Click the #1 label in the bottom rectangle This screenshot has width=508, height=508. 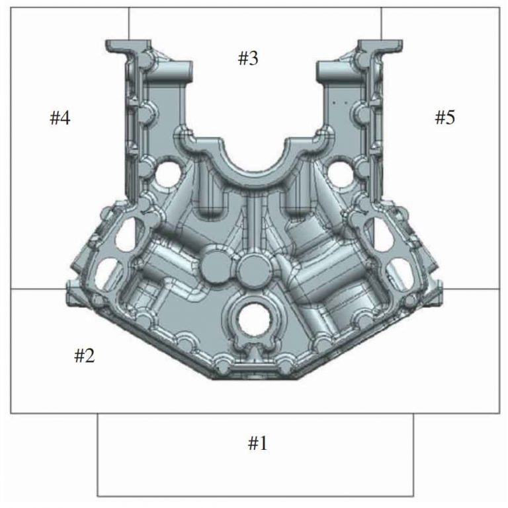[257, 443]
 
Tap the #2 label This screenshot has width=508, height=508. [84, 356]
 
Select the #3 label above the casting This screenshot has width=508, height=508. [248, 59]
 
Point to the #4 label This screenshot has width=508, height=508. [60, 118]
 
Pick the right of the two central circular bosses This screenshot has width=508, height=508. [251, 268]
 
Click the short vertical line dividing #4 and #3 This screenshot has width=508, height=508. [129, 23]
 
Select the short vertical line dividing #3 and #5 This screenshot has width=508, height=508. [381, 23]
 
